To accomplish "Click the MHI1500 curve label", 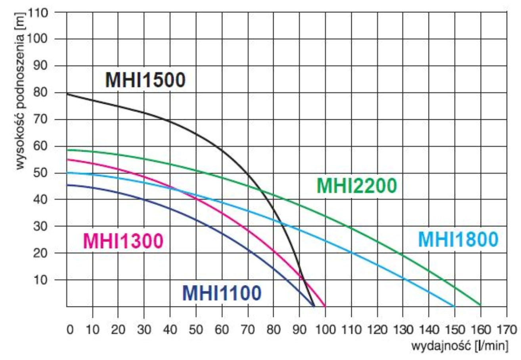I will (x=145, y=80).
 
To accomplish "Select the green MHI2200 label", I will (x=356, y=186).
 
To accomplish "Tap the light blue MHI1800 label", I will (x=458, y=239).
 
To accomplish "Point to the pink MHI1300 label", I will (x=123, y=241).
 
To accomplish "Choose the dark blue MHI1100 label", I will (x=222, y=293).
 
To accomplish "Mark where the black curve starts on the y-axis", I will (x=67, y=94).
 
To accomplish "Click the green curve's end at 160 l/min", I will (x=480, y=305).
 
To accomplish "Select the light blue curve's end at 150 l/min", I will (x=454, y=306).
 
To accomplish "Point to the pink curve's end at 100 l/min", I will (x=325, y=306).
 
